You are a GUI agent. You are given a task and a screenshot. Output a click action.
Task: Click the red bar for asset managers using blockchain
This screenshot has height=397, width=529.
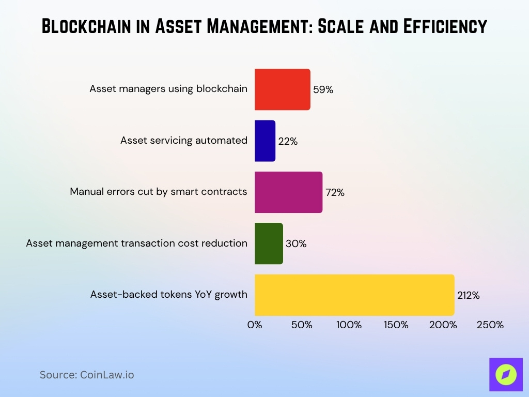tap(282, 89)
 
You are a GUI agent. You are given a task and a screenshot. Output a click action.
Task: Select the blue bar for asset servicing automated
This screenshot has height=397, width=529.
tap(264, 141)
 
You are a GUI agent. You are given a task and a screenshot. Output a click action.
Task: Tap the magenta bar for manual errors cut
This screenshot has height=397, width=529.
tap(288, 192)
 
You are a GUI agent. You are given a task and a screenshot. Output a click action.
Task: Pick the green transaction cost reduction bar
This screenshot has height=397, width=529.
tap(269, 243)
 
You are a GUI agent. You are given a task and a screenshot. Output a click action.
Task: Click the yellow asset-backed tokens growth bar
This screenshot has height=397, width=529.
tap(354, 295)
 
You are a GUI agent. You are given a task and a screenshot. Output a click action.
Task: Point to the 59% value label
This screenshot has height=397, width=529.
tap(323, 89)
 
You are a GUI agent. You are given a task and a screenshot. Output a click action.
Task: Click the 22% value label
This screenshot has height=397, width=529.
tap(288, 141)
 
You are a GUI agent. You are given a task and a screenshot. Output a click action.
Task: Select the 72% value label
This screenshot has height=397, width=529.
tap(335, 192)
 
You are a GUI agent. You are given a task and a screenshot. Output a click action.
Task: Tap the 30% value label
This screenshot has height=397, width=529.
tap(295, 244)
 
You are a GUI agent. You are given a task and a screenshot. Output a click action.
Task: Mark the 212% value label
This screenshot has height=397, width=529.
tap(469, 296)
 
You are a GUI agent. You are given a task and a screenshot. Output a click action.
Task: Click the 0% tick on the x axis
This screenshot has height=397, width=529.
tap(255, 325)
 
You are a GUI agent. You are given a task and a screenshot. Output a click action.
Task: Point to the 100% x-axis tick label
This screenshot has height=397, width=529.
tap(349, 325)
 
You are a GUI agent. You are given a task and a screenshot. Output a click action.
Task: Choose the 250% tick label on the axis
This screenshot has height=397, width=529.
tap(490, 325)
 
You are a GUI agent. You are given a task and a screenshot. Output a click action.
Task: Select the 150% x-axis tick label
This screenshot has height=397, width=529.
tap(396, 325)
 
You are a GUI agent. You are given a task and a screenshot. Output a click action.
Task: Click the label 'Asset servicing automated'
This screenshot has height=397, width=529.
tap(184, 140)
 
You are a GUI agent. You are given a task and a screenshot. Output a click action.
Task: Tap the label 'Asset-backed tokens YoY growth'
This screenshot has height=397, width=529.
tap(169, 295)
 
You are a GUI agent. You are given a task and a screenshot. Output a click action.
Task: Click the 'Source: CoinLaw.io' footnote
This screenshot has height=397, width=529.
tap(87, 375)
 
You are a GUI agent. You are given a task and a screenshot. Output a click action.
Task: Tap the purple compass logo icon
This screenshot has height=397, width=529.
tap(506, 375)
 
